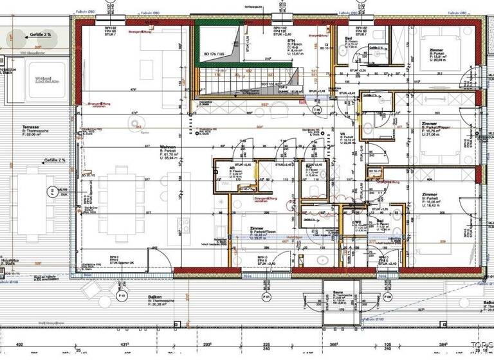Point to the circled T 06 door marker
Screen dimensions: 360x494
click(316, 110)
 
